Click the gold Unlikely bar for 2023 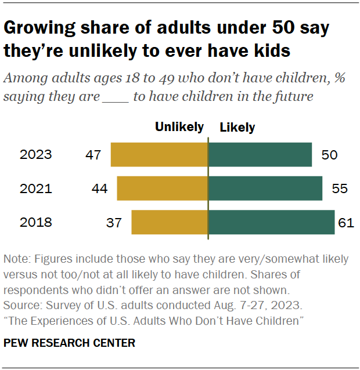[159, 155]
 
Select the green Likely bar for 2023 [260, 155]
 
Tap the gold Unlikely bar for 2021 [162, 188]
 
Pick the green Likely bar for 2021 [265, 188]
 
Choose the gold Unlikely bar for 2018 [170, 222]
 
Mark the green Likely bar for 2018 [271, 222]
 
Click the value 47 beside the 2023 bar [93, 155]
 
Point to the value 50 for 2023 [329, 155]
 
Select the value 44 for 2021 [99, 188]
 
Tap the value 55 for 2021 [340, 188]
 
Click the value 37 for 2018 [114, 222]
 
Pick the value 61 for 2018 [347, 222]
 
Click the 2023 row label [35, 155]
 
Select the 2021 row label [35, 188]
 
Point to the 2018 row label [35, 222]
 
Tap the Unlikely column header [179, 127]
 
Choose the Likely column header [237, 127]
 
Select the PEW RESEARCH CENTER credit [69, 343]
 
